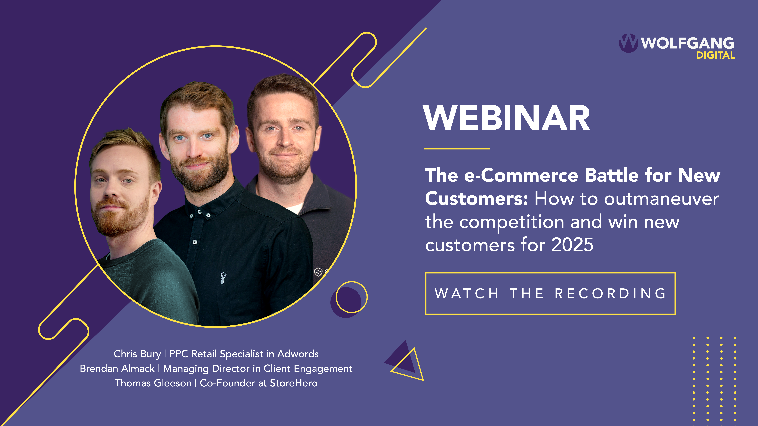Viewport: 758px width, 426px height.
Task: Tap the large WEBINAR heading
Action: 506,118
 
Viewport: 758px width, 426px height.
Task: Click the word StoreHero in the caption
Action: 294,383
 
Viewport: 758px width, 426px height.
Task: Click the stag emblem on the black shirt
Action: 223,278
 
